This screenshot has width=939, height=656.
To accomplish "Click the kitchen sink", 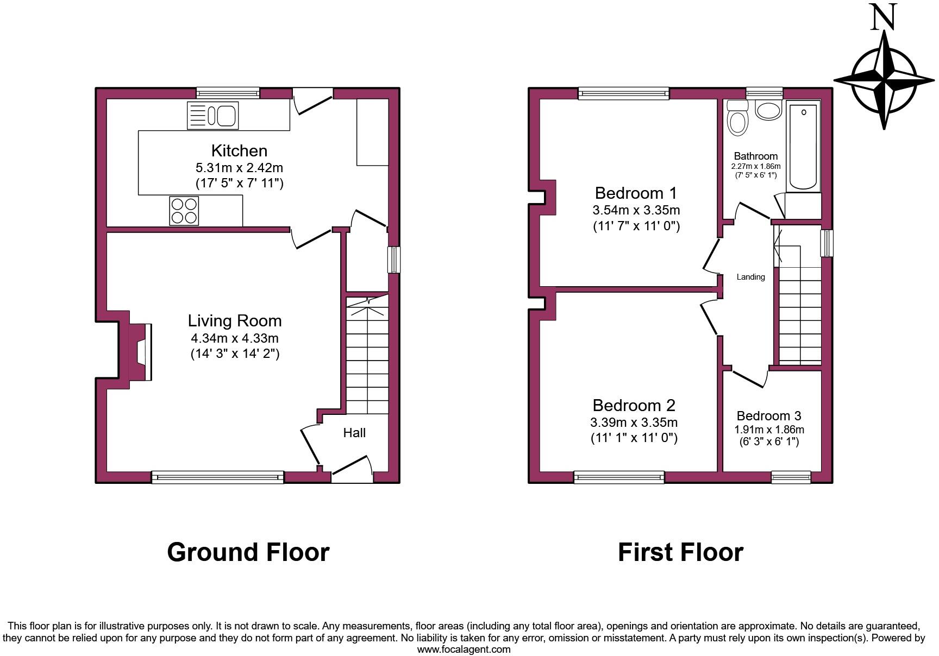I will click(x=212, y=116).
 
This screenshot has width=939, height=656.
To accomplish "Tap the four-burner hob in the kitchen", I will click(x=184, y=210).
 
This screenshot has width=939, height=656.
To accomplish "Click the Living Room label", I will click(x=235, y=321).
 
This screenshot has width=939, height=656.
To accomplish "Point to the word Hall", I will click(x=354, y=433).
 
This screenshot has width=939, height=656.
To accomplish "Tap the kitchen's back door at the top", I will click(x=312, y=101).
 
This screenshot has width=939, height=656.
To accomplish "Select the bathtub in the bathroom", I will click(x=804, y=145).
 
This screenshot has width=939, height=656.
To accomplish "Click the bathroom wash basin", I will click(x=768, y=110).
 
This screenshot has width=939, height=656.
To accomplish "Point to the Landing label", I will click(x=750, y=277).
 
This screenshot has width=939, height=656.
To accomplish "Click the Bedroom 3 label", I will click(x=768, y=416).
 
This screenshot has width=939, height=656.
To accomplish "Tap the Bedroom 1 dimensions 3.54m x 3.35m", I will click(x=636, y=210).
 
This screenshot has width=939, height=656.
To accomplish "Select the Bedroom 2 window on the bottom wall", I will click(x=619, y=477).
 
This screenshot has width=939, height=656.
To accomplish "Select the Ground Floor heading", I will click(x=248, y=552).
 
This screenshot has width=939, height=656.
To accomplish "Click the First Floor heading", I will click(x=680, y=552).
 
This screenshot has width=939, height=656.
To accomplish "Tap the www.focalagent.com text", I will click(x=464, y=649).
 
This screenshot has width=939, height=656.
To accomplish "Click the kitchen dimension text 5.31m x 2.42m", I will click(x=239, y=168).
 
